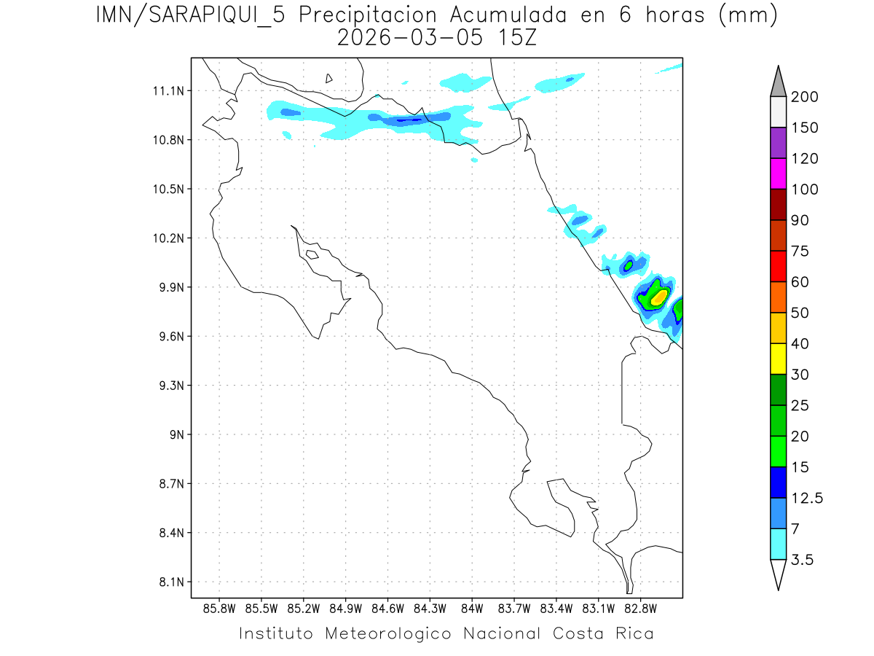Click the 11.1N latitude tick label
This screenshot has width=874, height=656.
pos(165,91)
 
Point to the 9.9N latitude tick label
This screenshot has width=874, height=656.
pos(165,287)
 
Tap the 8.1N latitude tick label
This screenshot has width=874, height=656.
pos(165,582)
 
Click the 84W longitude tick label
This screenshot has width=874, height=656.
pos(472,607)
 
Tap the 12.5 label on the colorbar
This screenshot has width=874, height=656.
pos(807,498)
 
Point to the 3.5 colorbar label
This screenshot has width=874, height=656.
pos(802,560)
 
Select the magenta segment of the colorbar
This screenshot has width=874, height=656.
pos(778,173)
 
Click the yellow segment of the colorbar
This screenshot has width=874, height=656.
pos(778,359)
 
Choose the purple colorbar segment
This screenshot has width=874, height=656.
pos(778,143)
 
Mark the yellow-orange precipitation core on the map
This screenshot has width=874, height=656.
pos(658,297)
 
